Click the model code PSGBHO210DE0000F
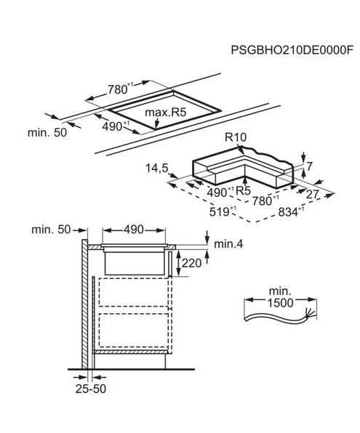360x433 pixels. (292, 51)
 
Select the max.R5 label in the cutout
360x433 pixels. (166, 113)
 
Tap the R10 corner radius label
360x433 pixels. (236, 137)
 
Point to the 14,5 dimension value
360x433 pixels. (157, 168)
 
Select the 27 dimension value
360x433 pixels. (313, 195)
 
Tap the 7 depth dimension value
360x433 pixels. (309, 166)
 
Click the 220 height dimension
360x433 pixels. (191, 263)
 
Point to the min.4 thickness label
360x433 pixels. (228, 244)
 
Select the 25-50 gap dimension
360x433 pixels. (91, 389)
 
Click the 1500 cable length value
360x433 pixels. (280, 303)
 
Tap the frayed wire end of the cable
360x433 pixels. (311, 315)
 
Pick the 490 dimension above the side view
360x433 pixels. (134, 229)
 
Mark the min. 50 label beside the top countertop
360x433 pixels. (47, 132)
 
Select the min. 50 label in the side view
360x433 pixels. (51, 229)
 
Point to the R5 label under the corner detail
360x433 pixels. (244, 190)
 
